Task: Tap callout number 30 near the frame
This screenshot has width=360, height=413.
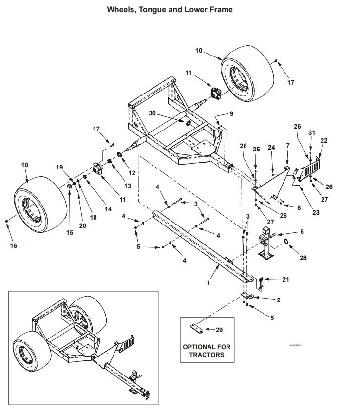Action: (152, 113)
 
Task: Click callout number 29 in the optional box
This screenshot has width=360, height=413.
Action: (219, 330)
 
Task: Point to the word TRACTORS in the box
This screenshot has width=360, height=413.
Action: (207, 355)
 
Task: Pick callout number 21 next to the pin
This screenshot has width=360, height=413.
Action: (285, 279)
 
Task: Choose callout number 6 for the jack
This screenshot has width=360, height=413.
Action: (302, 232)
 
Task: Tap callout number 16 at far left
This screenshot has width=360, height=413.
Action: (13, 245)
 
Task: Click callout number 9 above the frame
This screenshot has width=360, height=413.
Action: (231, 113)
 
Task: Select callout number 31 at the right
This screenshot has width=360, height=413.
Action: (312, 132)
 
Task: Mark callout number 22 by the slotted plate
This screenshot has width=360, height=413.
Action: (324, 141)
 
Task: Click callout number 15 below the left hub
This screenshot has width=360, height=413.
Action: (70, 233)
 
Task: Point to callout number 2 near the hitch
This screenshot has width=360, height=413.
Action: (278, 300)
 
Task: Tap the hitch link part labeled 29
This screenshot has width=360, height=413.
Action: (197, 329)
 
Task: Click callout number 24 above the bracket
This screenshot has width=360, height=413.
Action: (272, 147)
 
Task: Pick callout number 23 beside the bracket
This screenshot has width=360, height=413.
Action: (316, 212)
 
